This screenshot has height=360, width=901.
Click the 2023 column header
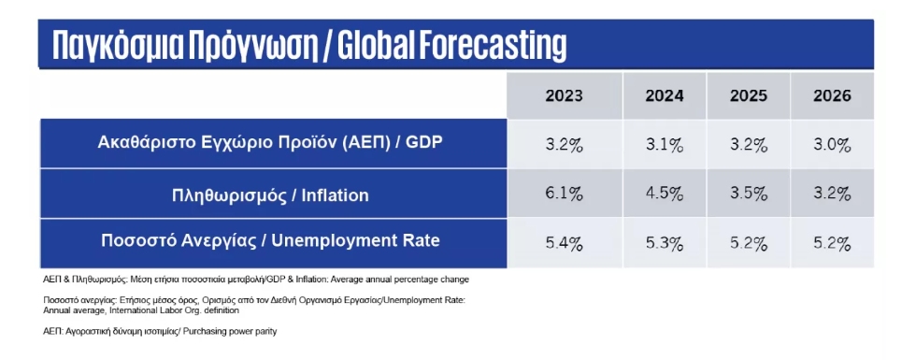[x=564, y=95]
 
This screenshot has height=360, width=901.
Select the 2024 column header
[x=665, y=95]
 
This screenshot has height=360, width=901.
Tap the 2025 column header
[x=748, y=95]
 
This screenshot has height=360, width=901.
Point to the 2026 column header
[x=832, y=95]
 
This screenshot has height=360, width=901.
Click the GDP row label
[x=270, y=143]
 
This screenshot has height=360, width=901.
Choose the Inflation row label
[x=270, y=195]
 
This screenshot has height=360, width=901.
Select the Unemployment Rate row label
[x=270, y=239]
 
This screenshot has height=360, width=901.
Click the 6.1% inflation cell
[x=564, y=194]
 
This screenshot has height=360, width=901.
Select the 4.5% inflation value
[x=665, y=194]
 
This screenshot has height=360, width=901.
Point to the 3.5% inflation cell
[x=748, y=194]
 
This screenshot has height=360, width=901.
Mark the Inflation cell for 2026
[x=832, y=194]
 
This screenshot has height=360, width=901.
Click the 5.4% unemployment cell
[x=564, y=244]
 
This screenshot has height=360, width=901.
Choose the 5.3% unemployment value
[x=665, y=244]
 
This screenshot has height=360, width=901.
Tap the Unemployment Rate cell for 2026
[x=832, y=244]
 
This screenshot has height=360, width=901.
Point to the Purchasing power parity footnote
[x=160, y=332]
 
